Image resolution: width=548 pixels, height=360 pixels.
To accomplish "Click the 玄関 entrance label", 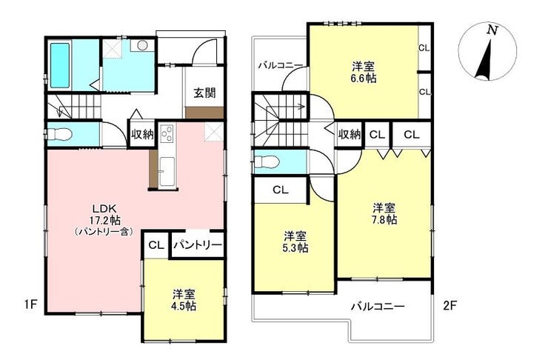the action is [x=205, y=93].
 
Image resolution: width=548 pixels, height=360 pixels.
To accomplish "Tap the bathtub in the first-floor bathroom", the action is [x=60, y=65].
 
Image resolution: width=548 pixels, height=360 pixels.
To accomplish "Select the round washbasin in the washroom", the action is [x=142, y=45].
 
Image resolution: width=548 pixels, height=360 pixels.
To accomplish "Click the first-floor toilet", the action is [x=59, y=133].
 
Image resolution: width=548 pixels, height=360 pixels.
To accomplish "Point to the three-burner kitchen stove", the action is [x=167, y=133].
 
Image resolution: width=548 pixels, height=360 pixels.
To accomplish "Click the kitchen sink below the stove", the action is [x=167, y=170].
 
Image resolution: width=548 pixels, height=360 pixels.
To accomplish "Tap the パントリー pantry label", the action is [x=198, y=244].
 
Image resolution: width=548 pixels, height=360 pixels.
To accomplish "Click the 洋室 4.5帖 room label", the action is [x=184, y=300].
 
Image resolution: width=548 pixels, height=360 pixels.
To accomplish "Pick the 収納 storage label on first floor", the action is [x=142, y=134].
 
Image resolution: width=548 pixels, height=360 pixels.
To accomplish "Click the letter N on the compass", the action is [x=492, y=31].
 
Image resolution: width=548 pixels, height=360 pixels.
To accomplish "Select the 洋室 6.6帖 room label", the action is [x=364, y=72].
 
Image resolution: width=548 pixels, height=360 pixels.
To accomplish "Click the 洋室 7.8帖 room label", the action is [x=384, y=213].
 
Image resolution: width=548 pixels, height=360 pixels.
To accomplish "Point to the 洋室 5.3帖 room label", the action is [x=295, y=242].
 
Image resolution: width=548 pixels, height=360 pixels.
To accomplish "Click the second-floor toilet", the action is [x=267, y=161].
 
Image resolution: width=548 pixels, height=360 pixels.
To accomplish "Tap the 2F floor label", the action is [x=450, y=306].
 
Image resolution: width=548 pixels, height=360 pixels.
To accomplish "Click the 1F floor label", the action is [x=30, y=304].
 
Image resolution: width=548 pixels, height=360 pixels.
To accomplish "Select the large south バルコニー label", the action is [x=378, y=307].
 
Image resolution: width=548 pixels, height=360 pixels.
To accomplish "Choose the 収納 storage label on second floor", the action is [x=349, y=134].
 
